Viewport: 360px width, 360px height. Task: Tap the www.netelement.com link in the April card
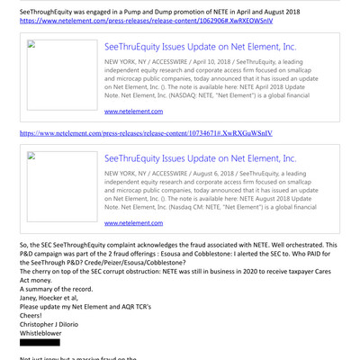(x=133, y=111)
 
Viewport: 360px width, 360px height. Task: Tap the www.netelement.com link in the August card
(x=133, y=222)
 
